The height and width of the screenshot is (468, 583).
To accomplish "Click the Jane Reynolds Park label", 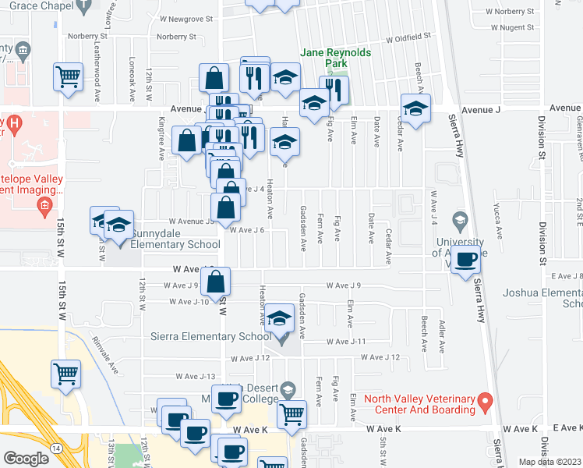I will click(x=336, y=58).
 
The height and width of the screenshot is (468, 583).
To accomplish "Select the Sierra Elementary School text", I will click(x=203, y=337).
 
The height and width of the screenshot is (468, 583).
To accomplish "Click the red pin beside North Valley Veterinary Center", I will click(x=485, y=402).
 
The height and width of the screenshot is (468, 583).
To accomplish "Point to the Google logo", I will click(x=26, y=458).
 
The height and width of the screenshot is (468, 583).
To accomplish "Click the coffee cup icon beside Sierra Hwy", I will click(x=466, y=259).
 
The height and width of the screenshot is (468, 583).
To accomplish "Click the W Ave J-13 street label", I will click(x=196, y=376).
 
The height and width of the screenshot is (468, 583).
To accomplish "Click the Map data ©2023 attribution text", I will click(x=549, y=462).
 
